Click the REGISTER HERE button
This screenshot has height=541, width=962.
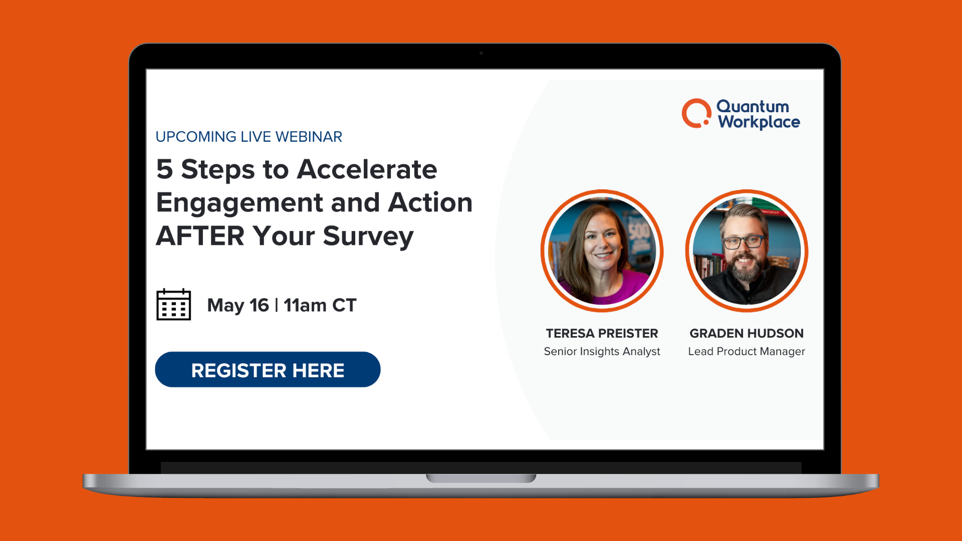[268, 370]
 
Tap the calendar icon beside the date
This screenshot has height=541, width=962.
[173, 305]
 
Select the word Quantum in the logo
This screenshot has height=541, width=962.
[753, 106]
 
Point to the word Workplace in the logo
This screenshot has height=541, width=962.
[759, 122]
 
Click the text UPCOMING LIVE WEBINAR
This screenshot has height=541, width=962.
[249, 137]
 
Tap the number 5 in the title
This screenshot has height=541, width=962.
[164, 169]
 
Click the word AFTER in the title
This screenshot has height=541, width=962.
[200, 236]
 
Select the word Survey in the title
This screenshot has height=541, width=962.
[368, 236]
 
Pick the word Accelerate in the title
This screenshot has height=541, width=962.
[367, 169]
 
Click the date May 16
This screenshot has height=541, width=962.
[238, 305]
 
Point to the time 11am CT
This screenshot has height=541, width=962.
[320, 305]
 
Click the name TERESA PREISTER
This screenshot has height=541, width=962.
[602, 333]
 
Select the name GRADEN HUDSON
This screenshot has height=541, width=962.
[747, 333]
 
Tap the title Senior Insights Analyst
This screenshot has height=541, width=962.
[602, 351]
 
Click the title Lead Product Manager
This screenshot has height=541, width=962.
[747, 351]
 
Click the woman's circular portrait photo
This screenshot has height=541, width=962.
[602, 251]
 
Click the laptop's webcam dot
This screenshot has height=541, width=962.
[481, 53]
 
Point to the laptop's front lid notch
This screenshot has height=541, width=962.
[481, 478]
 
